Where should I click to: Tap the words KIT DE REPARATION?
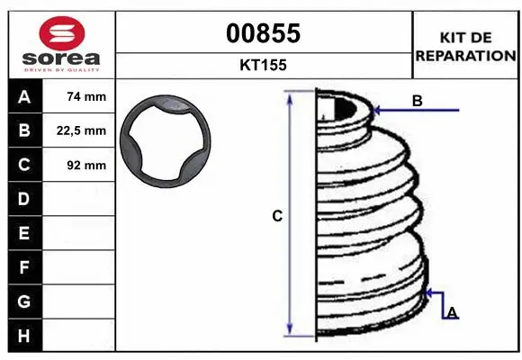(x=465, y=46)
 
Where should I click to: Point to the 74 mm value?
(x=86, y=96)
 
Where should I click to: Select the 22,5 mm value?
(x=86, y=130)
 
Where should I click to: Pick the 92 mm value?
(x=86, y=165)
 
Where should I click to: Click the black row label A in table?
(x=24, y=96)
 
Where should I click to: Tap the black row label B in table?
(x=24, y=130)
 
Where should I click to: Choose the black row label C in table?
(x=24, y=165)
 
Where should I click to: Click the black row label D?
(x=24, y=199)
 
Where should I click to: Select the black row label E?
(x=24, y=233)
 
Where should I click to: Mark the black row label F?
(x=24, y=267)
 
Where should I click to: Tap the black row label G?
(x=24, y=301)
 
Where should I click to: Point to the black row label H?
(x=24, y=335)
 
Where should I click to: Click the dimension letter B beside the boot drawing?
(x=417, y=101)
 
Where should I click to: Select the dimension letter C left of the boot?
(x=277, y=216)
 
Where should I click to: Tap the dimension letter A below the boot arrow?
(x=452, y=312)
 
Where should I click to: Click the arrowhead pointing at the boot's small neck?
(x=376, y=111)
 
